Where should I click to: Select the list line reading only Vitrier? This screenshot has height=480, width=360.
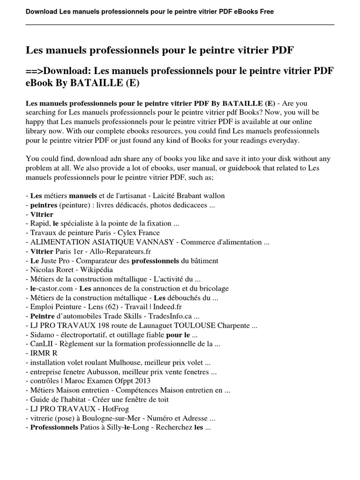coord(42,214)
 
